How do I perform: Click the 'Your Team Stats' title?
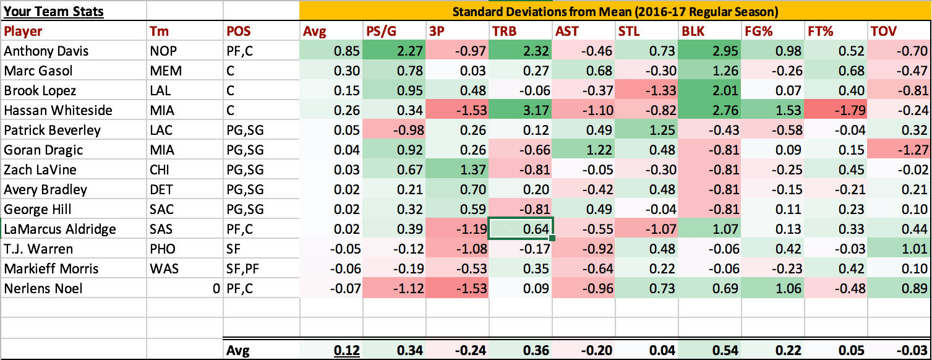pyautogui.click(x=54, y=11)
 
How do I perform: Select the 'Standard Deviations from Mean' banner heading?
pyautogui.click(x=615, y=11)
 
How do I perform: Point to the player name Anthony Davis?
pyautogui.click(x=46, y=51)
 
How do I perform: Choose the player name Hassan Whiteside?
pyautogui.click(x=58, y=110)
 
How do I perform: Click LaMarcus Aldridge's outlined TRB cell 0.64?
pyautogui.click(x=521, y=229)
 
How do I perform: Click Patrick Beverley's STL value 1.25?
pyautogui.click(x=663, y=130)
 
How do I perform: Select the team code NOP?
pyautogui.click(x=163, y=51)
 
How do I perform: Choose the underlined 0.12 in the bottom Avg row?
pyautogui.click(x=347, y=350)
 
